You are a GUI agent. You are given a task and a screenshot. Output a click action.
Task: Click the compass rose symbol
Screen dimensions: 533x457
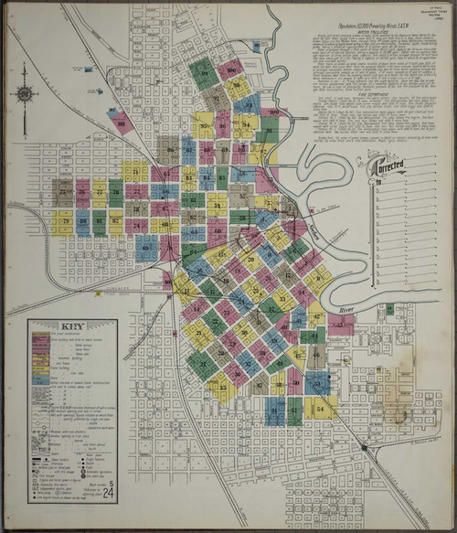(x=26, y=94)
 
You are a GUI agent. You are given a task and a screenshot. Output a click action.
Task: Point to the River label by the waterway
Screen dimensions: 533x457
(x=345, y=310)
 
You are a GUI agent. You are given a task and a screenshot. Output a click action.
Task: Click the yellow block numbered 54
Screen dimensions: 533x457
(x=320, y=409)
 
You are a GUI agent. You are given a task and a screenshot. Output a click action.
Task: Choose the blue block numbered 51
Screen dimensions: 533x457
(x=275, y=410)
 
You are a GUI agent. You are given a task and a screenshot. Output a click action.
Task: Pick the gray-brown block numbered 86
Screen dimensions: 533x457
(x=168, y=149)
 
